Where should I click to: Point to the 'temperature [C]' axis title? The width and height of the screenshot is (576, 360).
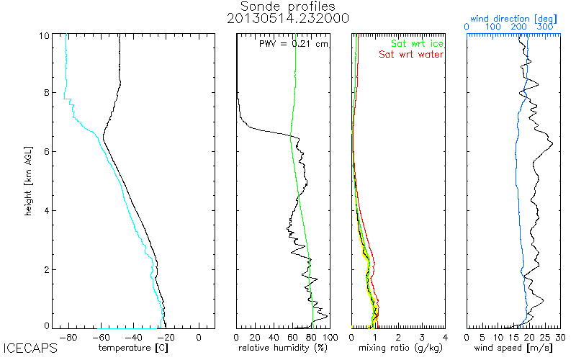pyautogui.click(x=133, y=348)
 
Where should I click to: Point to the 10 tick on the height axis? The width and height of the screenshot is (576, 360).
pyautogui.click(x=45, y=36)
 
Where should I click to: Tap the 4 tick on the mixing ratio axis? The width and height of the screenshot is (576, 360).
pyautogui.click(x=444, y=337)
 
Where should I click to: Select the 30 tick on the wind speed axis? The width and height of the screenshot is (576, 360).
pyautogui.click(x=559, y=337)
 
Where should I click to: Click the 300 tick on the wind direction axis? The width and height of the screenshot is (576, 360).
pyautogui.click(x=546, y=26)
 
